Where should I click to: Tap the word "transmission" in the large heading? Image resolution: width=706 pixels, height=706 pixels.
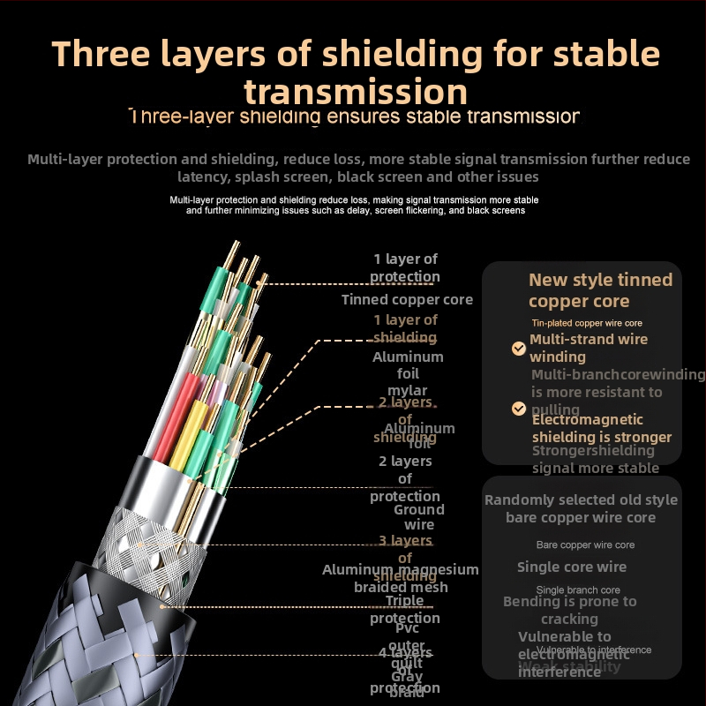pos(356,92)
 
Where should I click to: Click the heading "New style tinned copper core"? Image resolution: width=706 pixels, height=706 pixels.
pos(600,290)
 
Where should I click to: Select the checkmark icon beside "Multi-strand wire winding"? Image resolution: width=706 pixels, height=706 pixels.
pos(519,349)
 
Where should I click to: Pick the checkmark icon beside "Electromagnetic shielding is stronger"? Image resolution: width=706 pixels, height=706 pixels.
pos(519,409)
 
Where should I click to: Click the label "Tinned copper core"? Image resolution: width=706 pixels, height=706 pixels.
pos(407,300)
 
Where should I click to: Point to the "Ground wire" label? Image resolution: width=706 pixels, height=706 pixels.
pos(419,517)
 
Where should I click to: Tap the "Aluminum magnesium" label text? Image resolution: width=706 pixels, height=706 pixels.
pos(400,570)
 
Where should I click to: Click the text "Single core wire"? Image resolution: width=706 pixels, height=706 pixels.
pos(572,567)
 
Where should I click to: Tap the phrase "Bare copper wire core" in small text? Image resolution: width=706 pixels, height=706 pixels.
pos(585,545)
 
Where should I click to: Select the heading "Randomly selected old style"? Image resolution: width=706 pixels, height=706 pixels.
pos(581,500)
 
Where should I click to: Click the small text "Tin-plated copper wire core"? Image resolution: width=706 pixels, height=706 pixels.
pos(586,324)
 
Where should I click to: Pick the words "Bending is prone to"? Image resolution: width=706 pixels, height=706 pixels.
pos(569,602)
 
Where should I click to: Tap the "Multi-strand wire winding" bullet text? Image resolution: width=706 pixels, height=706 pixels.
pos(589,348)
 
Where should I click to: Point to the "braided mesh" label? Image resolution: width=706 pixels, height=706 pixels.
pos(401,588)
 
